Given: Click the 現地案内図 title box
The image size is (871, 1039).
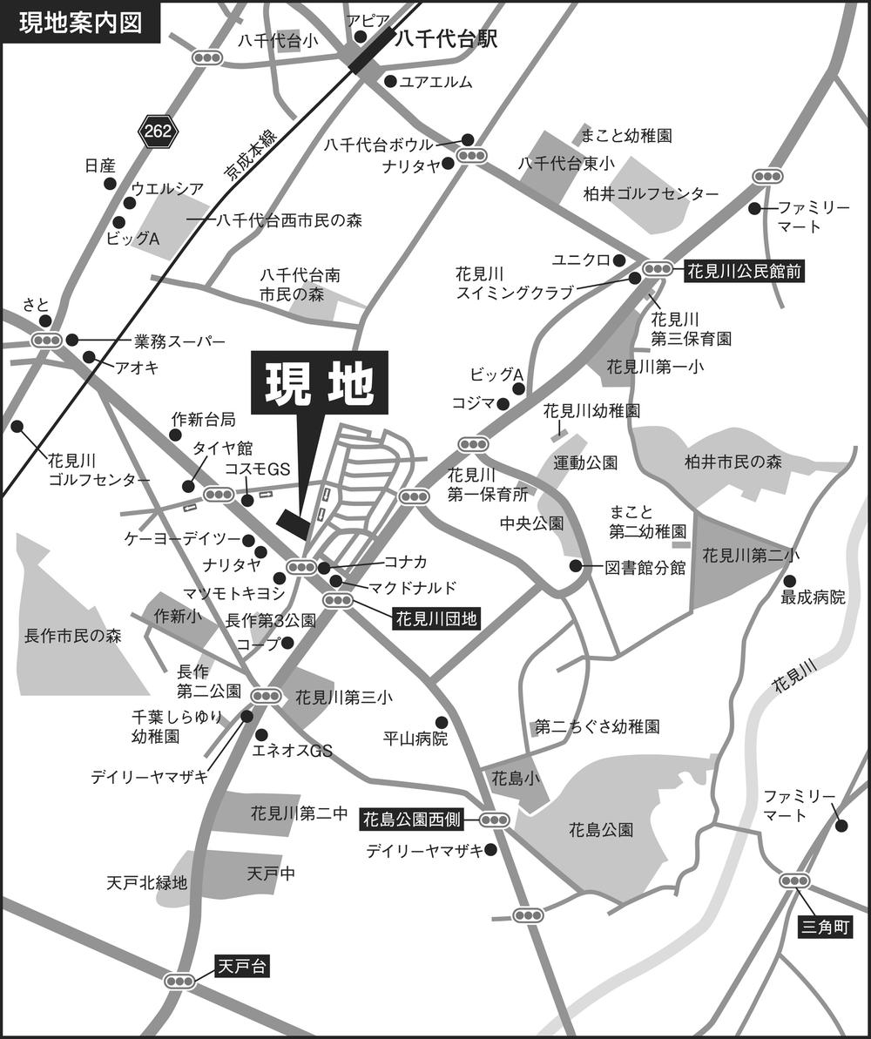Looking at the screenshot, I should [80, 23].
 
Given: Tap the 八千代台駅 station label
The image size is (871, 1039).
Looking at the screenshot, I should [445, 39].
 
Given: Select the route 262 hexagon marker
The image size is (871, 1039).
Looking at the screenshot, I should [158, 132].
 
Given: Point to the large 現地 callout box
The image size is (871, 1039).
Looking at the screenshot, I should [319, 383].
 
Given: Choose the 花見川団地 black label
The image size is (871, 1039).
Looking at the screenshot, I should [435, 619].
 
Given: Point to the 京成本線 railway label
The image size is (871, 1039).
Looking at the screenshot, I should [250, 157].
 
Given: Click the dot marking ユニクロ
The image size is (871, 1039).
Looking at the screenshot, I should [619, 260].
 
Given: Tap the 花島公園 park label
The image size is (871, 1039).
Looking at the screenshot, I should [600, 829].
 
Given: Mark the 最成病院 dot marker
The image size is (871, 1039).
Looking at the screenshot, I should [789, 581].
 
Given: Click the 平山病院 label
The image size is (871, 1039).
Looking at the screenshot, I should [415, 739].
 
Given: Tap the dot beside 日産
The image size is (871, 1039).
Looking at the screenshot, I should [110, 184].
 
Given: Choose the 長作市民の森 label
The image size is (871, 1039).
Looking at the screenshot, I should [72, 636].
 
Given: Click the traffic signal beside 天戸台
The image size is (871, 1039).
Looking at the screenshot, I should [181, 981].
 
